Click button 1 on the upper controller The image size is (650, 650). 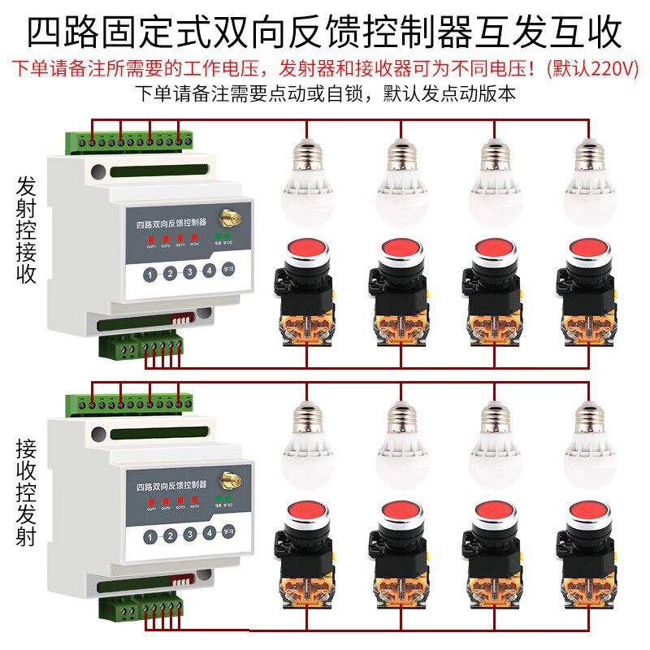click(x=150, y=275)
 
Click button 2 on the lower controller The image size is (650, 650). click(x=170, y=535)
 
